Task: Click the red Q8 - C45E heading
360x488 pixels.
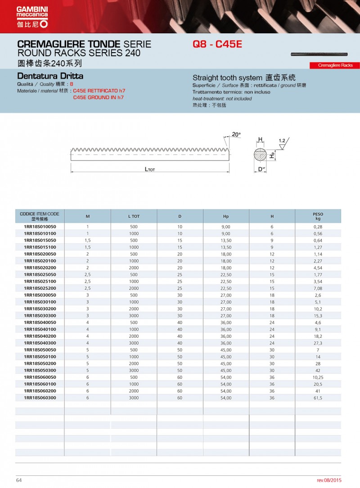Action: tap(217, 45)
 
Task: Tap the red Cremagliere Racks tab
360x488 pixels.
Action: tap(335, 65)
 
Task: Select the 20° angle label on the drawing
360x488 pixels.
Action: tap(236, 134)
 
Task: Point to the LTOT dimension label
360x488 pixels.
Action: tap(150, 169)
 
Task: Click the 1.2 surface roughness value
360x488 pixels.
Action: tap(282, 141)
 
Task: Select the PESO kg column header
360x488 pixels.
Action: tap(318, 216)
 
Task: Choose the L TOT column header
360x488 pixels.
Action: tap(134, 216)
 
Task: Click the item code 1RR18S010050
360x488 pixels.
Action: tap(40, 227)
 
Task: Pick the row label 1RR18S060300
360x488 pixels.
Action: tap(40, 398)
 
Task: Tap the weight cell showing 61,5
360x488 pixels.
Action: tap(318, 398)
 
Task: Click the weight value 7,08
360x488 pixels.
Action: tap(318, 288)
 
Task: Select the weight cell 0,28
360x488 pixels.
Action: tap(318, 227)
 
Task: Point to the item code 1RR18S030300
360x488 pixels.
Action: tap(40, 316)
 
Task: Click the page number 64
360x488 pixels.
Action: tap(19, 480)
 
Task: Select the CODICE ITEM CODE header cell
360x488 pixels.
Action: tap(40, 216)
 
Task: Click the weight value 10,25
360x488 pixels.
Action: tap(318, 377)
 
